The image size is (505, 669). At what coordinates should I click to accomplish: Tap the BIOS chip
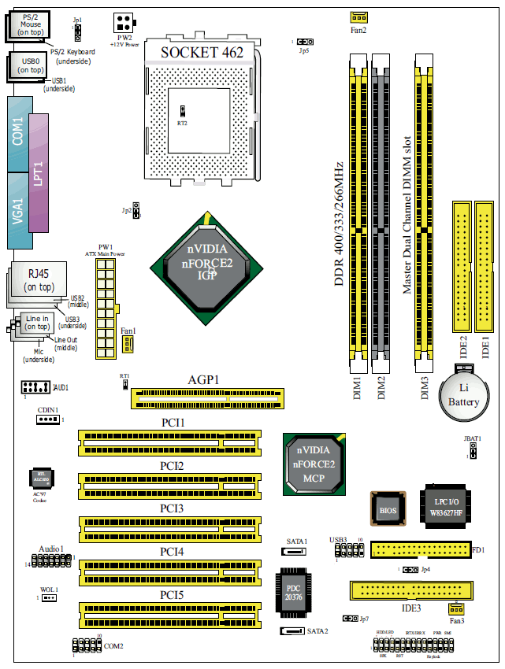[x=388, y=509]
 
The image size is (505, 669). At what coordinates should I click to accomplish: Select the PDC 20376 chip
[x=292, y=590]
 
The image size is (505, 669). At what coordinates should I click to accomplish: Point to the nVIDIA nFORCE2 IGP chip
[x=210, y=263]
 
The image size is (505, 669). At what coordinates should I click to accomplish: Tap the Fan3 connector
[x=455, y=608]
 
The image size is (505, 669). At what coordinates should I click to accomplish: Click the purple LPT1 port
[x=39, y=172]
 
